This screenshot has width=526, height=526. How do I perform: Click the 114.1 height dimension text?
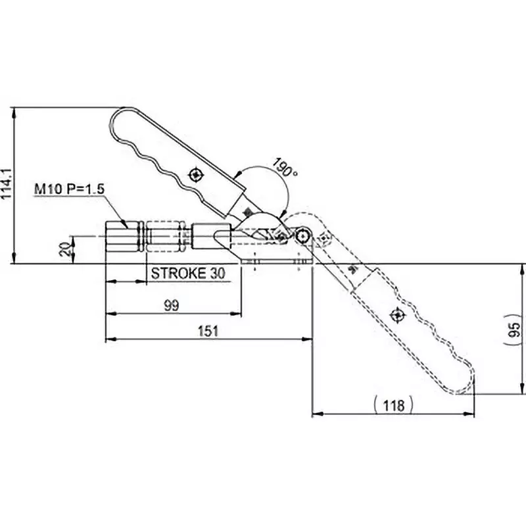point(7,186)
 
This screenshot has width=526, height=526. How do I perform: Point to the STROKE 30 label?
point(188,274)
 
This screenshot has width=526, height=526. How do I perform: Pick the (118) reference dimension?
point(393,404)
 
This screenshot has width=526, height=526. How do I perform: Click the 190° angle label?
point(284,169)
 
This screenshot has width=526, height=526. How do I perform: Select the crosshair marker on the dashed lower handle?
point(397,316)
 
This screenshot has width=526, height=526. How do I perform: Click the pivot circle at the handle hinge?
point(302,236)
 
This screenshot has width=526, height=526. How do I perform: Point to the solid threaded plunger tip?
point(124,237)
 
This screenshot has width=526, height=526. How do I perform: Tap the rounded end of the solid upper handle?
point(119,118)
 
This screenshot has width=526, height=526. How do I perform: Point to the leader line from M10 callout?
point(115,210)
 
